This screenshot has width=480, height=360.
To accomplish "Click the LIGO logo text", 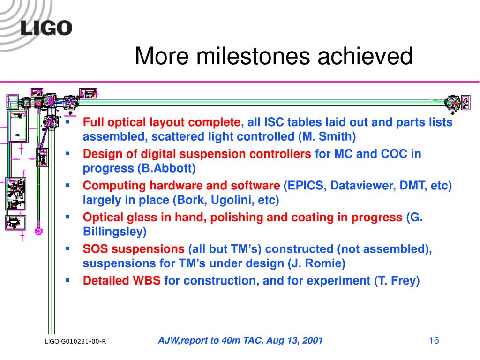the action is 46,28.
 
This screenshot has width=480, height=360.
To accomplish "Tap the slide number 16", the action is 434,340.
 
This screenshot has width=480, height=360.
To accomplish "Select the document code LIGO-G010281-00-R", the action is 75,341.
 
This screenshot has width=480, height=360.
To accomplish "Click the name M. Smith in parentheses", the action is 327,136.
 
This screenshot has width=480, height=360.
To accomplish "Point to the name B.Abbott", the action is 166,168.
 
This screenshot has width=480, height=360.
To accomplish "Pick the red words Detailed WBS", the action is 121,280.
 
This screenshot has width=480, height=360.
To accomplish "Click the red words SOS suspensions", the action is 134,249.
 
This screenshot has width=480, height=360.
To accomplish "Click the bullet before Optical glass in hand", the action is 67,217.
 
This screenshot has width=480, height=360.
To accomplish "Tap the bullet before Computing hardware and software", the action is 67,185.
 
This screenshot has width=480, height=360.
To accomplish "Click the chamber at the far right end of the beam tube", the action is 452,103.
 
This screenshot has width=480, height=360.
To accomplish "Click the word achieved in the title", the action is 365,56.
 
